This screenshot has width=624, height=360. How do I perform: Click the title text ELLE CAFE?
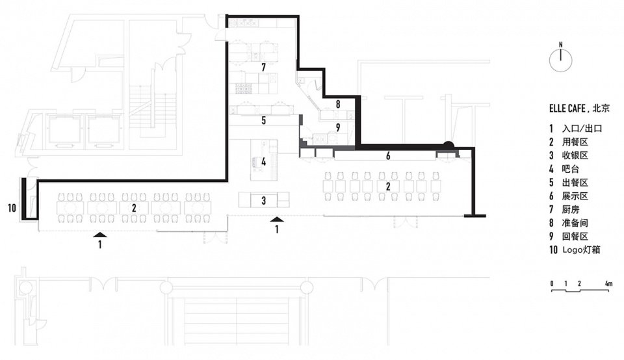567,109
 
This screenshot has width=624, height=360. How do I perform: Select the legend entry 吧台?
570,169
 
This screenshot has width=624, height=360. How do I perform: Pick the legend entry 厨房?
570,209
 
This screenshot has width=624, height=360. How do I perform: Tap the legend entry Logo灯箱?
580,250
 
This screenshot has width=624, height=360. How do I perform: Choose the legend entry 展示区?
575,196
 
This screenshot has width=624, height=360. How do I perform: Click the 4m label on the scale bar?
608,283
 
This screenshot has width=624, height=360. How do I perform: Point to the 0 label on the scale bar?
552,283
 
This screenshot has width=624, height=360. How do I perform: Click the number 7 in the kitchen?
263,67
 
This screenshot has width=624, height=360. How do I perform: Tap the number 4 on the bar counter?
263,162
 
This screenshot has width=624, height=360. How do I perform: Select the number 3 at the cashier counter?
263,201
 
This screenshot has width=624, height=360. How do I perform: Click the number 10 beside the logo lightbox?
12,208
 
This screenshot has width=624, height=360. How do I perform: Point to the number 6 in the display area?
388,156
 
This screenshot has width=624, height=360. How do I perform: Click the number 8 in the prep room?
338,104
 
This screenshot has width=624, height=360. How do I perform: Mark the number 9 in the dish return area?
338,127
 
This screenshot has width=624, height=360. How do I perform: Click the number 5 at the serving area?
263,120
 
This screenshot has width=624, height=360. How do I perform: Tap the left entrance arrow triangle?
100,235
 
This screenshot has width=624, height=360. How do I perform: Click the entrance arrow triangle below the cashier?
277,219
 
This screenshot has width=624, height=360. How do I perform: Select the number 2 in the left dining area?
134,208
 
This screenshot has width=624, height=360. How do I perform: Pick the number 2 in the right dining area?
388,186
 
